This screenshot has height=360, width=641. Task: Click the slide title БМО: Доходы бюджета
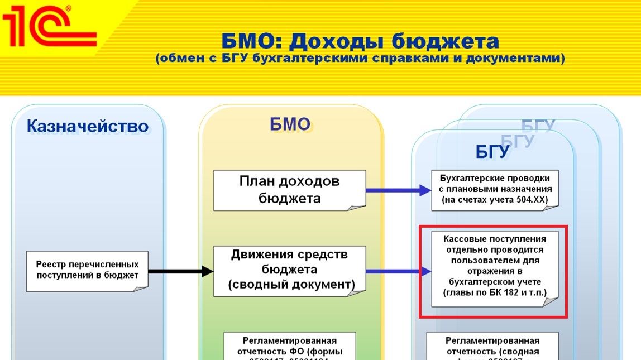360,41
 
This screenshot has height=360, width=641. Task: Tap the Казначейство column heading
88,127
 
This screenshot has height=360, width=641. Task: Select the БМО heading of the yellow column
290,124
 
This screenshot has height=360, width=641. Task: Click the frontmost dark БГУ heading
492,152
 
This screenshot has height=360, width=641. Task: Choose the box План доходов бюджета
289,190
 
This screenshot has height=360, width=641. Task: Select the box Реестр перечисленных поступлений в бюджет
87,270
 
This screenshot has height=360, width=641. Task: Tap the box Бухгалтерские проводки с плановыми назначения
495,190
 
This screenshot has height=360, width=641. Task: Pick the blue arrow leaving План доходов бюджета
398,190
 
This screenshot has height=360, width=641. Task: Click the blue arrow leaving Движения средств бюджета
398,272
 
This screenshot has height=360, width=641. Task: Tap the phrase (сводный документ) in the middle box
291,285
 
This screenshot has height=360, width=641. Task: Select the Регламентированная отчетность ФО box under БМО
289,346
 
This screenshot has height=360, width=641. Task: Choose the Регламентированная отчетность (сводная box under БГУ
492,346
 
